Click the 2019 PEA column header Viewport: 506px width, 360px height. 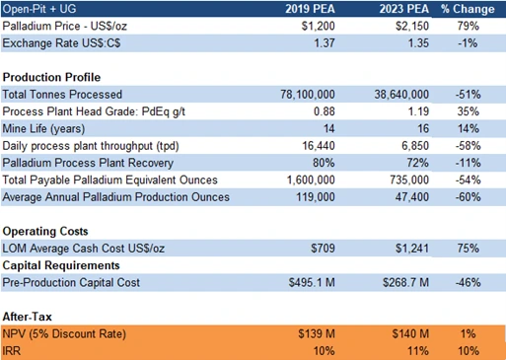pos(310,9)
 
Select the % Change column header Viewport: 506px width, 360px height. pos(468,9)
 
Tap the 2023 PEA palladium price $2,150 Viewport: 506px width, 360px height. pos(412,26)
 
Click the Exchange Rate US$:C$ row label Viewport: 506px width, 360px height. pos(61,43)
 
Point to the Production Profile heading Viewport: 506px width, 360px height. pos(51,77)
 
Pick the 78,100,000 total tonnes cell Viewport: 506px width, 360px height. pos(308,95)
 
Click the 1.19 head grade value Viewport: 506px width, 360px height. pos(418,111)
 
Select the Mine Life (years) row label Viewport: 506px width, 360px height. pos(43,128)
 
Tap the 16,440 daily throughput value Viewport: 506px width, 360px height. pos(319,146)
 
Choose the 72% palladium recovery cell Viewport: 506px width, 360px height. pos(417,163)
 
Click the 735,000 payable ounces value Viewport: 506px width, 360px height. pos(409,180)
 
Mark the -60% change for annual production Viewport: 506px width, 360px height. pos(468,197)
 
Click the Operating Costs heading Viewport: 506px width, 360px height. pos(45,231)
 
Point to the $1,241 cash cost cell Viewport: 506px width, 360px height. pos(412,249)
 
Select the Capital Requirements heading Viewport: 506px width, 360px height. pos(61,265)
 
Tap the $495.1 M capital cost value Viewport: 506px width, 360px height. pos(312,282)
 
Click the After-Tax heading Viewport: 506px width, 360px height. pos(28,317)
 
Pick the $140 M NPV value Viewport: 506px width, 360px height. pos(410,333)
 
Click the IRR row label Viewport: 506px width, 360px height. pos(12,351)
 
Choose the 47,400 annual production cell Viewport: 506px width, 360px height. pos(412,197)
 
